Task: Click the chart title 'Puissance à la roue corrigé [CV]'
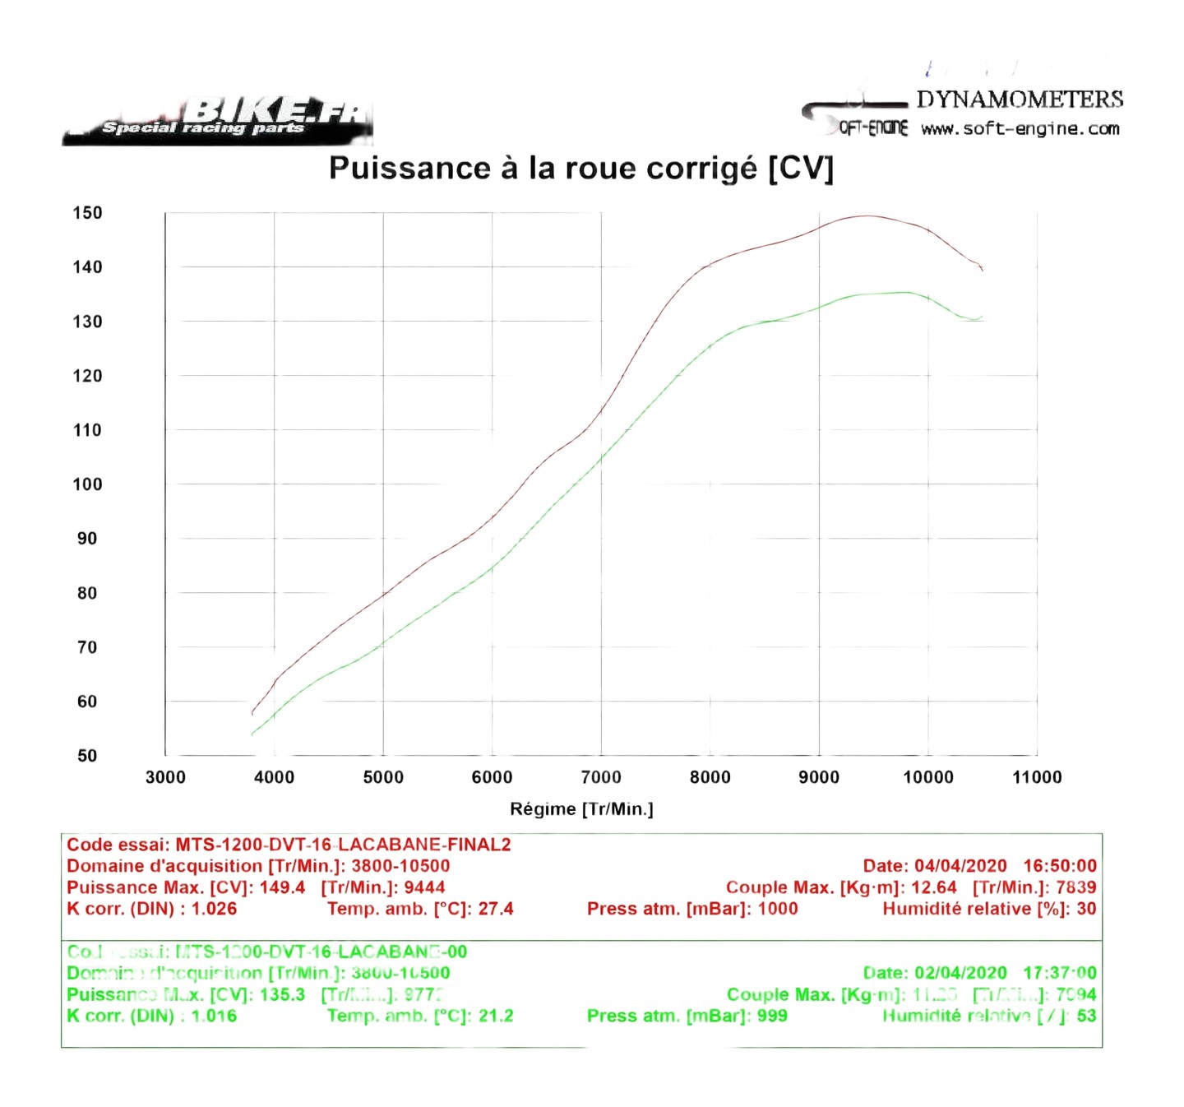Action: tap(581, 169)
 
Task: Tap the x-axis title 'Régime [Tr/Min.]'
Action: tap(581, 809)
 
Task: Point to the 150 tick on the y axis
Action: tap(87, 213)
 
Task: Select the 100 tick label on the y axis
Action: tap(87, 484)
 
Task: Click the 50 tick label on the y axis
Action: tap(87, 756)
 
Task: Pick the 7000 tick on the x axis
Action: tap(601, 777)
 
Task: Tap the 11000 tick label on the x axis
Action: tap(1037, 777)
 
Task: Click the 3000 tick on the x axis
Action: tap(165, 777)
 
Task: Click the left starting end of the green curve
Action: tap(252, 734)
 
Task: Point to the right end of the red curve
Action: tap(982, 269)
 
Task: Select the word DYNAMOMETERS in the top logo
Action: tap(1020, 100)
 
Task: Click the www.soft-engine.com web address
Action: tap(1020, 129)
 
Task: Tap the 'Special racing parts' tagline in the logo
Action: tap(202, 127)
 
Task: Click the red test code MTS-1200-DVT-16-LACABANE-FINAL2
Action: tap(343, 845)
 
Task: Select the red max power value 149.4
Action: tap(282, 887)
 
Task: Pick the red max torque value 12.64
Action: tap(934, 887)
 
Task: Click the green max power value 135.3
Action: tap(282, 994)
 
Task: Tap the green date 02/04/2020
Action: tap(960, 973)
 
